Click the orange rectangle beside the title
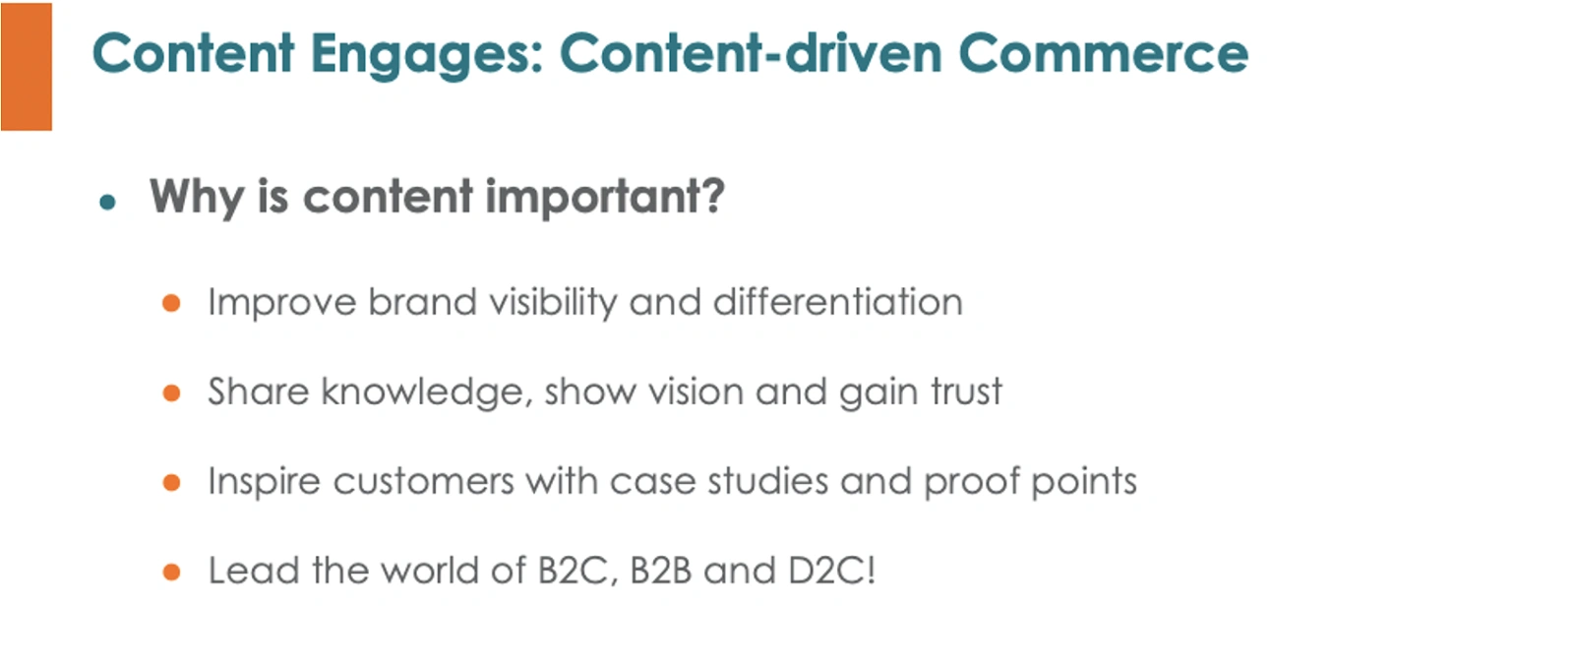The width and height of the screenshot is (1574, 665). click(x=26, y=67)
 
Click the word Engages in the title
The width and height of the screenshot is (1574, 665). click(x=427, y=55)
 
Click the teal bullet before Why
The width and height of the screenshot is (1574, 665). click(x=107, y=203)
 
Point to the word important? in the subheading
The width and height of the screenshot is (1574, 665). click(x=605, y=198)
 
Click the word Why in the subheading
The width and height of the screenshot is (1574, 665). click(x=197, y=198)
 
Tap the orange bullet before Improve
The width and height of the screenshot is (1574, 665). click(x=171, y=303)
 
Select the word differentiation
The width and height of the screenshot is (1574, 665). click(x=837, y=302)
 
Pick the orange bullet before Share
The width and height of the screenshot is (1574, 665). click(x=171, y=393)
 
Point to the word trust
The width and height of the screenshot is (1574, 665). click(x=967, y=392)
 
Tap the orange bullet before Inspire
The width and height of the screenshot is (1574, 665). click(x=171, y=482)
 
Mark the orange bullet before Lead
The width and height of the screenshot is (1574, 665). click(x=171, y=572)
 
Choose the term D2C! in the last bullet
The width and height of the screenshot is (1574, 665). click(x=832, y=571)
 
